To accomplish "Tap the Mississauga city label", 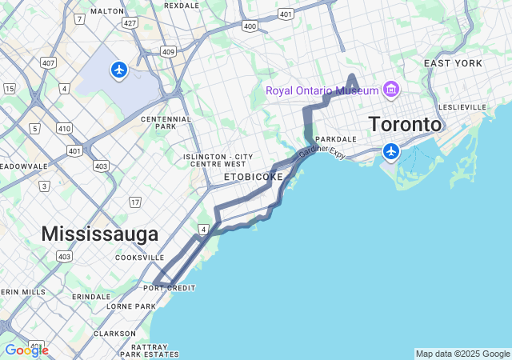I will coord(99,234).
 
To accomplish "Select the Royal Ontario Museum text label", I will coord(322,90).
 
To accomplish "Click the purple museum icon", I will coord(391,89).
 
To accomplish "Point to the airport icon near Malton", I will coord(119,70).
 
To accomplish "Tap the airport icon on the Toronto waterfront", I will coord(391,150).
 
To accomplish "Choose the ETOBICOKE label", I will coord(253,176).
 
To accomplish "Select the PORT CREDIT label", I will coord(169,288).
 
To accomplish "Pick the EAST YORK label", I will coord(453,63).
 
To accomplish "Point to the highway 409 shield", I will coord(167,52).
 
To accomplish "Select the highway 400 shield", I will coord(250,26).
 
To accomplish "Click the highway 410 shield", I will coord(64,128).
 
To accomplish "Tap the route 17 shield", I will coord(134,202).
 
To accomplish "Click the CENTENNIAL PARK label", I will coord(165,122).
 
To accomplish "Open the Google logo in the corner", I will coord(26,350).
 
